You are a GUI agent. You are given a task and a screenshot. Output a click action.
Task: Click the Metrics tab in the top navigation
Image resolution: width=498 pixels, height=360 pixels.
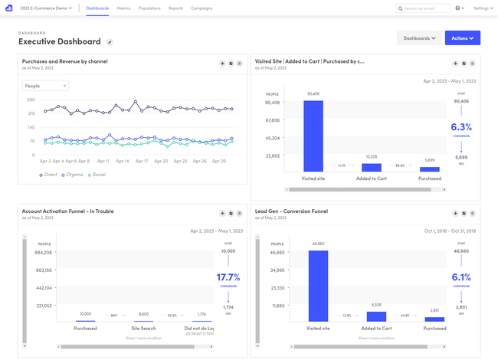pos(124,8)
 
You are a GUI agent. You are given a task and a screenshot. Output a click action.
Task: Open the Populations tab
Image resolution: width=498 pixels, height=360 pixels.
pos(149,8)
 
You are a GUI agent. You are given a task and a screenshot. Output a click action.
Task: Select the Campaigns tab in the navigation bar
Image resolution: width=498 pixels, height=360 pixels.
pos(201,8)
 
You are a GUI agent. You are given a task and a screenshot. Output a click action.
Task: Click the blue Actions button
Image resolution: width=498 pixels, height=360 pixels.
pos(462,38)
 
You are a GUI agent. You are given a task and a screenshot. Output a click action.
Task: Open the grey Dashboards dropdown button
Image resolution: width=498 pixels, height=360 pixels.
pos(419,38)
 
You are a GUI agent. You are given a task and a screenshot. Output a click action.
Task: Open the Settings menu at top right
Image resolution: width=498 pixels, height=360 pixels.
pos(483,8)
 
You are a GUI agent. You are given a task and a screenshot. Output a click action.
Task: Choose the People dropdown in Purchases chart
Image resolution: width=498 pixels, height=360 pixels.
pos(45,86)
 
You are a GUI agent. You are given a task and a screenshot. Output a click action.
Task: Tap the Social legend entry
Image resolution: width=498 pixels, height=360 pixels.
pos(98,175)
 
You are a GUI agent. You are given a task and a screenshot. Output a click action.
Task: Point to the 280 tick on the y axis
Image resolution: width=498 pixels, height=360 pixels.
pos(31,100)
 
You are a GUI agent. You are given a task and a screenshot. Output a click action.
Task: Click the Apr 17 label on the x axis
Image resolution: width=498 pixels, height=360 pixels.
pos(142,162)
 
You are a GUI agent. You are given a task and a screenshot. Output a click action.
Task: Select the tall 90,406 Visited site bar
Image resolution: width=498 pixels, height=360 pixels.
pos(313,136)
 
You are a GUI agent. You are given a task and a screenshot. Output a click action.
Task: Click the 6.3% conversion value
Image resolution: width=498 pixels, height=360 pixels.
pos(461,127)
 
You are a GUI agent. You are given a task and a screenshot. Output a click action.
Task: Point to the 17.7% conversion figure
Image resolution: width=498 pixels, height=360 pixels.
pos(228,277)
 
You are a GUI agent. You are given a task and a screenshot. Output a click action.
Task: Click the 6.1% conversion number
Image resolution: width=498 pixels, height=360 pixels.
pos(461,277)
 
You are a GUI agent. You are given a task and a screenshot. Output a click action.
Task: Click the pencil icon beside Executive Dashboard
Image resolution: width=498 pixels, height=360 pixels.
pos(110,42)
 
